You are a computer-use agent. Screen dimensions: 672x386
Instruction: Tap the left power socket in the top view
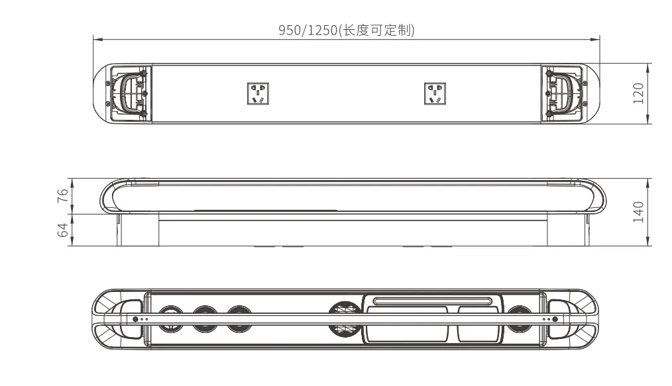pyautogui.click(x=258, y=93)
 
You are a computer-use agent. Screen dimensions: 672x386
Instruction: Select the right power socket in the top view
pyautogui.click(x=435, y=93)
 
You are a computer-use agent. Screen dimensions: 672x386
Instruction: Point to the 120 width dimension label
pyautogui.click(x=638, y=93)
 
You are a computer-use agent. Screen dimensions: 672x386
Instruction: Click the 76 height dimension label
pyautogui.click(x=63, y=195)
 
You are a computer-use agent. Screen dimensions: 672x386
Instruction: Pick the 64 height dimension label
pyautogui.click(x=63, y=230)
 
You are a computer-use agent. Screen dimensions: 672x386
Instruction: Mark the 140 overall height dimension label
pyautogui.click(x=638, y=212)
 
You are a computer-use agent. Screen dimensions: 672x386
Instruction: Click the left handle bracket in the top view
pyautogui.click(x=129, y=94)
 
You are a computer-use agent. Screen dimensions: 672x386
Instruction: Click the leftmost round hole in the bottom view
pyautogui.click(x=171, y=319)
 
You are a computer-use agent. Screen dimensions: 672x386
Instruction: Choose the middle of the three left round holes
pyautogui.click(x=205, y=319)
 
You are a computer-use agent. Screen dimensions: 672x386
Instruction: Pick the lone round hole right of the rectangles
pyautogui.click(x=519, y=319)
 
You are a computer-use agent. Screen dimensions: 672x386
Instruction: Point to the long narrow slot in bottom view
pyautogui.click(x=432, y=301)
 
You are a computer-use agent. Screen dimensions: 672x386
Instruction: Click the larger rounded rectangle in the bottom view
pyautogui.click(x=408, y=324)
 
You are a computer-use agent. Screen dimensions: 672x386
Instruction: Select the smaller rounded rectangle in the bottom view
pyautogui.click(x=478, y=324)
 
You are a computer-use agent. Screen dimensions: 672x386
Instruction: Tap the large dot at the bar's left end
pyautogui.click(x=135, y=319)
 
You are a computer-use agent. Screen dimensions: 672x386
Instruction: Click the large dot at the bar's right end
pyautogui.click(x=555, y=319)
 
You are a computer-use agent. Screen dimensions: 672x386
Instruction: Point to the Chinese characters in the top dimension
pyautogui.click(x=377, y=30)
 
